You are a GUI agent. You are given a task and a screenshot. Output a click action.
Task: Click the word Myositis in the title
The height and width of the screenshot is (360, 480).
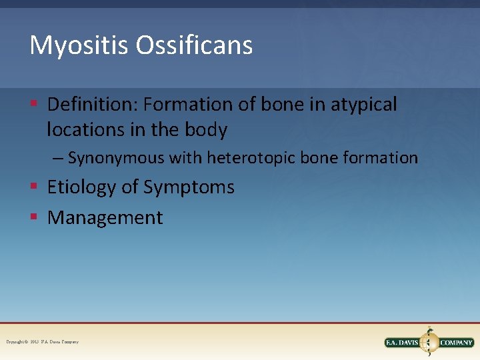[x=69, y=45]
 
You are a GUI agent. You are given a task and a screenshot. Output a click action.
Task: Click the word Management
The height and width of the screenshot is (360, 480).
[x=105, y=217]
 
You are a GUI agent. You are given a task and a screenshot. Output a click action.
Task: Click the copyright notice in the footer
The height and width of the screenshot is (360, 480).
[x=42, y=342]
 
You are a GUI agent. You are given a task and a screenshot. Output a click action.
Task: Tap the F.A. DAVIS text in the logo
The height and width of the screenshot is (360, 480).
[x=402, y=343]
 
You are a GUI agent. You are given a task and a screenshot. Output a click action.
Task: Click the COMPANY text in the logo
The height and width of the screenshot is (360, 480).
[x=456, y=343]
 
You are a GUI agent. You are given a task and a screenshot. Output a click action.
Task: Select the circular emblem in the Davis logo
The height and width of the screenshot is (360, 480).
[x=429, y=342]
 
